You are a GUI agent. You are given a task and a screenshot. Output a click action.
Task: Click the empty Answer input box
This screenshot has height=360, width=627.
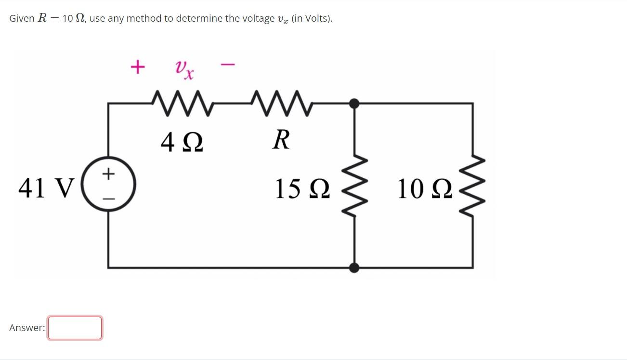point(75,328)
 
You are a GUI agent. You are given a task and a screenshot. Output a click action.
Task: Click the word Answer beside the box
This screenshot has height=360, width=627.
point(26,328)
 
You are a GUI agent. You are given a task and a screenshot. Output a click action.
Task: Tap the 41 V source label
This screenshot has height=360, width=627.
point(46,188)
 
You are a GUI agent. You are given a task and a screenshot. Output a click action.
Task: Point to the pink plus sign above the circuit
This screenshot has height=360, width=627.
point(137,67)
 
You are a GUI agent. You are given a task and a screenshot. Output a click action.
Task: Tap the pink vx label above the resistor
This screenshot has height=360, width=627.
point(184,69)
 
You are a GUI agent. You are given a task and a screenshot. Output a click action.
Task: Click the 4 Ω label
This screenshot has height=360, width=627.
point(182,142)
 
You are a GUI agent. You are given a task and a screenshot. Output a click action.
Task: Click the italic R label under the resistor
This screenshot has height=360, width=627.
point(281,140)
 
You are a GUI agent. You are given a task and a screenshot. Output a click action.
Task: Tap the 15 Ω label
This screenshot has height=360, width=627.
point(302,189)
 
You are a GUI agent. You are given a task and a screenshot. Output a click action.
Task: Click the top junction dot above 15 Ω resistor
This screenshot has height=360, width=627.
point(354,103)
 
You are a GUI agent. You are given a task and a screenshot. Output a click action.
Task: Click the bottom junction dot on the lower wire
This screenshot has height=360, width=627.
point(354,267)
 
